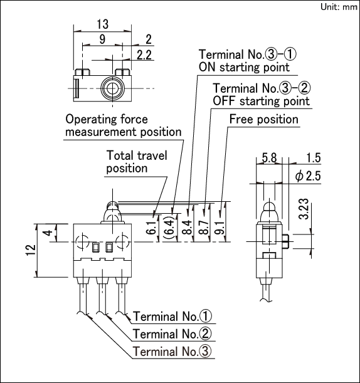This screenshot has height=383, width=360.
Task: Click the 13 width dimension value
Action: pyautogui.click(x=102, y=24)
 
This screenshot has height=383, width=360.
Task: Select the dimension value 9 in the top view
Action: pyautogui.click(x=102, y=39)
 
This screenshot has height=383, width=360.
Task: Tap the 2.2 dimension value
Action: pyautogui.click(x=144, y=55)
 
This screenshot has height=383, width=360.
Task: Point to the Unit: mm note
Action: pyautogui.click(x=339, y=7)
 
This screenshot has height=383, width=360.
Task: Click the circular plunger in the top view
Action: pyautogui.click(x=112, y=88)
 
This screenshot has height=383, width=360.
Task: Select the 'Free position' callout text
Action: pyautogui.click(x=263, y=120)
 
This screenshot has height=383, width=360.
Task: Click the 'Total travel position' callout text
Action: pyautogui.click(x=137, y=162)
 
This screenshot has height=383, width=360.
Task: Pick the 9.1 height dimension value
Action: pyautogui.click(x=220, y=228)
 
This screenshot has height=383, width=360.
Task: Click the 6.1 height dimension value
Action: pyautogui.click(x=151, y=228)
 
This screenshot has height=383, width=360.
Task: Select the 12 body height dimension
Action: pyautogui.click(x=31, y=250)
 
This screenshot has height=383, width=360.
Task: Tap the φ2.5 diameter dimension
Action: pyautogui.click(x=308, y=176)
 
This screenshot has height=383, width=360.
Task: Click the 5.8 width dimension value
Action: pyautogui.click(x=269, y=158)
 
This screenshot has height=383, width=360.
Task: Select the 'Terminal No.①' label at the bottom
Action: pyautogui.click(x=172, y=317)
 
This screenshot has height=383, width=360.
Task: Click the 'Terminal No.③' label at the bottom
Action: pyautogui.click(x=172, y=352)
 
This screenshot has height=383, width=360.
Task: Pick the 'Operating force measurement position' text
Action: pyautogui.click(x=124, y=125)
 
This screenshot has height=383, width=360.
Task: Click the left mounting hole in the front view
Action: pyautogui.click(x=83, y=242)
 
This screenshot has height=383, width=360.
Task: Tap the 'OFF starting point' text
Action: pyautogui.click(x=261, y=101)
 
